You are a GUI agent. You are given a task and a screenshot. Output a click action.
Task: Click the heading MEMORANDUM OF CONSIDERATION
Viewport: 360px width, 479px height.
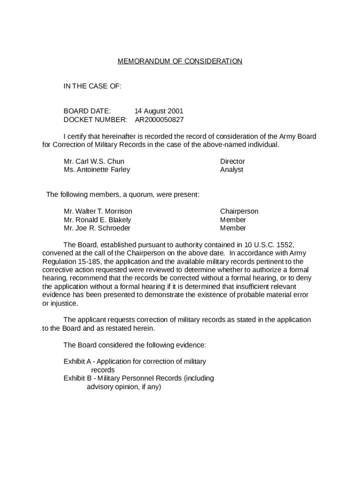pos(180,61)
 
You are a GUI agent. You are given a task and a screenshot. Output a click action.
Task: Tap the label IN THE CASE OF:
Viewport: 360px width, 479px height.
pos(93,86)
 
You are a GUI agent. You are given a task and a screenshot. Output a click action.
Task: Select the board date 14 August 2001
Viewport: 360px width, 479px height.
pos(159,111)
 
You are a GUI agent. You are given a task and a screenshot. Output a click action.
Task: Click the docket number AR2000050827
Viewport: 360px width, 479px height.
pos(159,120)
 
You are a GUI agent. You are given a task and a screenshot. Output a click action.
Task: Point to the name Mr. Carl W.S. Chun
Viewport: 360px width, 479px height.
pos(94,161)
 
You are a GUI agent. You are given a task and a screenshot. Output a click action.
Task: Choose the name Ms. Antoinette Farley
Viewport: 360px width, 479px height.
pos(97,170)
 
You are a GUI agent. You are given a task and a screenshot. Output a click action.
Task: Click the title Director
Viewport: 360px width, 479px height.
pos(232,161)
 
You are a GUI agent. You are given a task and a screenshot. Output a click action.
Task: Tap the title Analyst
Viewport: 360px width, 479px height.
pos(231,170)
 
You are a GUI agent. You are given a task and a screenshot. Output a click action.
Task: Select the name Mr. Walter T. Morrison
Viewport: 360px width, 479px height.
pos(98,211)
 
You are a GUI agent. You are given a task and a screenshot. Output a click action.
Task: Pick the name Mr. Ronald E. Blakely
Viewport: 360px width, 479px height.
pos(97,220)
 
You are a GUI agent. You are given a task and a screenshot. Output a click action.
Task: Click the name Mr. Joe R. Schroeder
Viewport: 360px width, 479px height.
pos(97,228)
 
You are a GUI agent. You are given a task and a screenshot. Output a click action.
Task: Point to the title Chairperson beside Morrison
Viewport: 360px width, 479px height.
pos(239,211)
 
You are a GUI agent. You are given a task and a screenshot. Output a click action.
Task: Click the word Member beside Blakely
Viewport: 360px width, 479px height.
pos(233,220)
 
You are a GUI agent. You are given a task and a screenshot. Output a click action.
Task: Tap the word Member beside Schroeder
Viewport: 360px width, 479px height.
pos(233,228)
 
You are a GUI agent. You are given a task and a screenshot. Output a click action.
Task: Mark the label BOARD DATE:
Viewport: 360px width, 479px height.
pos(87,111)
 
